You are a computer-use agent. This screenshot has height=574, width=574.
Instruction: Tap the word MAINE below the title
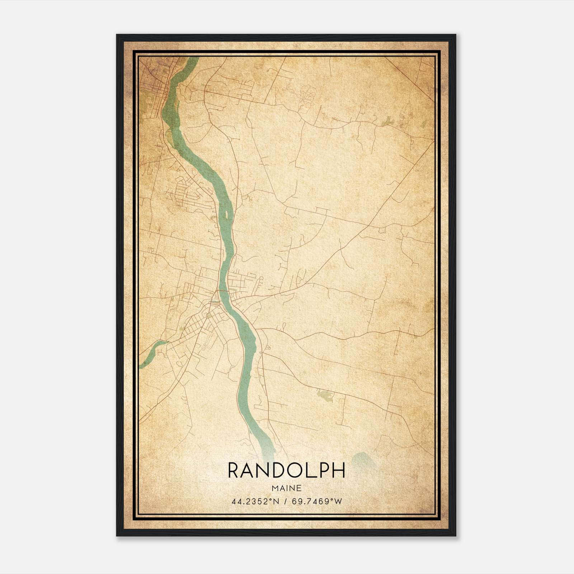click(286, 488)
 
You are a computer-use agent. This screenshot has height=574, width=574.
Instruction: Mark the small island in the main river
click(227, 215)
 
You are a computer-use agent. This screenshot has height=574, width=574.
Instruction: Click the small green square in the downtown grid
click(208, 316)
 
